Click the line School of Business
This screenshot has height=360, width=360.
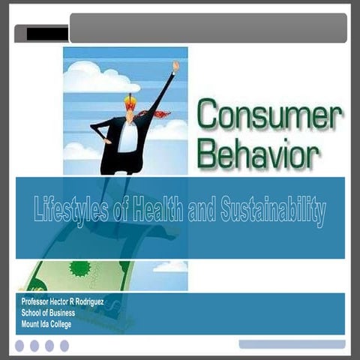(x=53, y=313)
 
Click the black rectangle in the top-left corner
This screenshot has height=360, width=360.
(x=46, y=33)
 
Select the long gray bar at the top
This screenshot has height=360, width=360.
(x=208, y=28)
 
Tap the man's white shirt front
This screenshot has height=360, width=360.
(x=128, y=136)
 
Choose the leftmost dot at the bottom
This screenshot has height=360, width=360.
(x=19, y=346)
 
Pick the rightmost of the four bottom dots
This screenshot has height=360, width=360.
(x=64, y=346)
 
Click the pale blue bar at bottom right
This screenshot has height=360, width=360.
(x=292, y=344)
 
